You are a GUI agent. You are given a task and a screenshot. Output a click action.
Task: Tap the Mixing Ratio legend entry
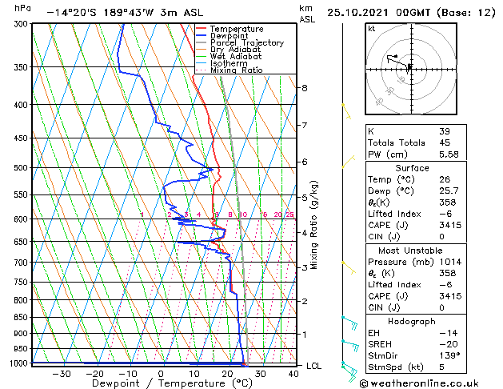point(237,70)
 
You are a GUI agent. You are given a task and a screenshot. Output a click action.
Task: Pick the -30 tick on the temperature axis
point(61,373)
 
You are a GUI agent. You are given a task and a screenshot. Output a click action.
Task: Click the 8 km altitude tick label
point(304,87)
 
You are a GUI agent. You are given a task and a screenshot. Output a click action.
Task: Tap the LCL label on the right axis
point(314,366)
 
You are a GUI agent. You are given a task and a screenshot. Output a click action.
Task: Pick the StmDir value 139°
point(448,355)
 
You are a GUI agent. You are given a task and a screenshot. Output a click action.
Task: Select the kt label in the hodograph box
point(371,29)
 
